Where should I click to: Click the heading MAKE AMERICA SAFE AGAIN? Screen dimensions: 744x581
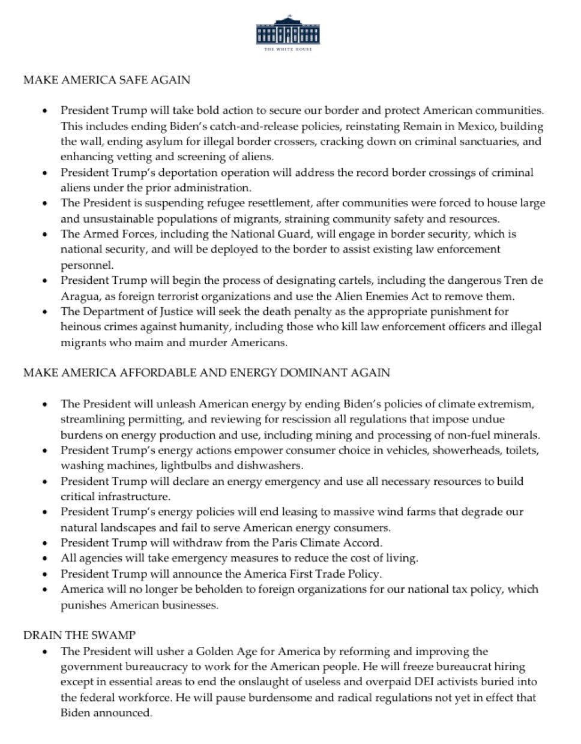tap(106, 79)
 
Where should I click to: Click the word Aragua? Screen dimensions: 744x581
tap(80, 296)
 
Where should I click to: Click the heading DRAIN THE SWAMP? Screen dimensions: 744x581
tap(79, 635)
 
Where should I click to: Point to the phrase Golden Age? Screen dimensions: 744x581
tap(226, 651)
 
